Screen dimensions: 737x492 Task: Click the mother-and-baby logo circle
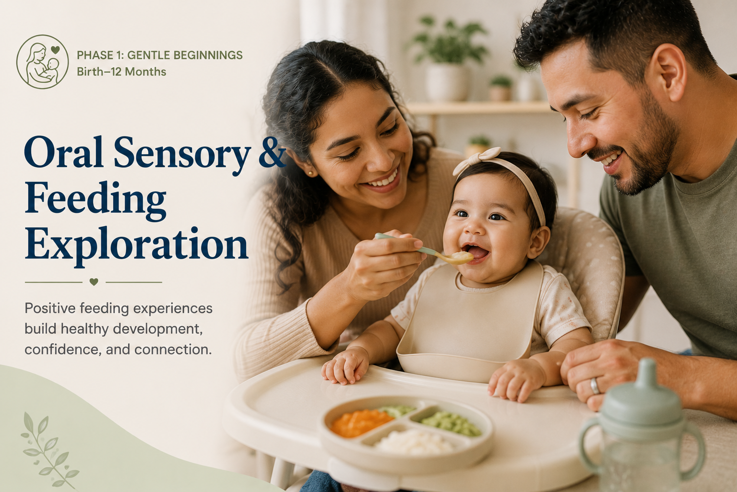coord(42,61)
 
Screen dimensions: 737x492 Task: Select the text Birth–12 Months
coord(121,72)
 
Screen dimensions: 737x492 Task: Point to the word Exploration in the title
coord(136,244)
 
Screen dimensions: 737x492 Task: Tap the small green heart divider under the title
coord(94,282)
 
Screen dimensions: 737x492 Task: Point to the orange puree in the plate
coord(361,422)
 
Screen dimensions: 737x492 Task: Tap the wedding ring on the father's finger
coord(594,386)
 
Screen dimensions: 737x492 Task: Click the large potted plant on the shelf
coord(448,58)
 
